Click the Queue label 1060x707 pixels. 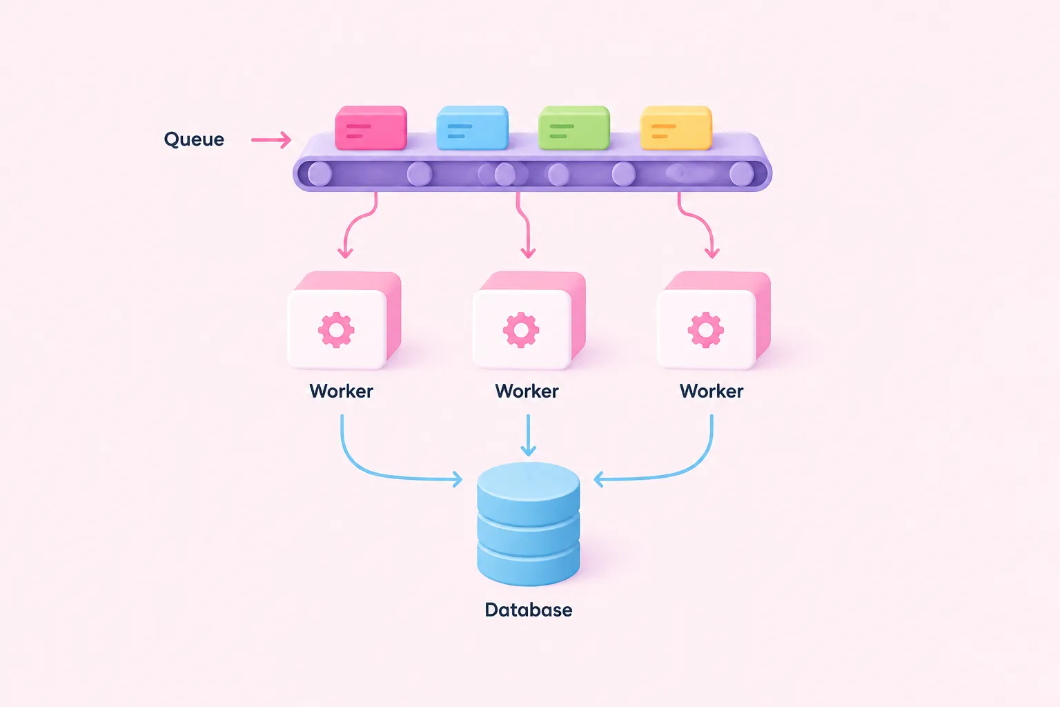click(x=194, y=139)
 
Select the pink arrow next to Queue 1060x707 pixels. click(x=271, y=139)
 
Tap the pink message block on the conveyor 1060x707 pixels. click(x=371, y=128)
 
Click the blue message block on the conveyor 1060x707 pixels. click(x=472, y=128)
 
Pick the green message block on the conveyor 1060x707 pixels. click(x=574, y=128)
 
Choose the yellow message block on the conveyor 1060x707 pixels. click(x=676, y=128)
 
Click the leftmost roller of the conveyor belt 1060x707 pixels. click(x=320, y=174)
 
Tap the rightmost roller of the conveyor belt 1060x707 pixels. click(x=742, y=174)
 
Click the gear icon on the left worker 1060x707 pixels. click(x=336, y=330)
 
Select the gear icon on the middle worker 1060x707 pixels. click(x=521, y=330)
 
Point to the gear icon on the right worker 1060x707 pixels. click(x=705, y=330)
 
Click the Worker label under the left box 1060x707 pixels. click(x=341, y=391)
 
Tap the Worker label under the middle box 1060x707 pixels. click(x=527, y=391)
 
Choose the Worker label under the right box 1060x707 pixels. click(x=711, y=391)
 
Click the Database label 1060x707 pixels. click(x=529, y=610)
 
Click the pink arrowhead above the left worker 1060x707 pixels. click(x=346, y=252)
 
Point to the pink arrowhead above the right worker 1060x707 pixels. click(x=711, y=252)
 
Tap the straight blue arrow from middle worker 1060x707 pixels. click(x=528, y=436)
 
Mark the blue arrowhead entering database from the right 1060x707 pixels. click(x=599, y=479)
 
